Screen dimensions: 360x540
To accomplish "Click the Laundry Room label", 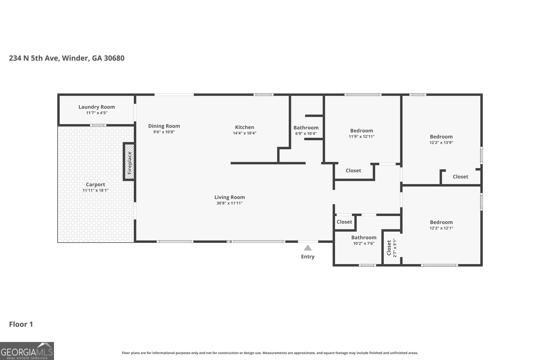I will pyautogui.click(x=97, y=107).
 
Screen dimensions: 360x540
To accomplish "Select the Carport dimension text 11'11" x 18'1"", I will pyautogui.click(x=96, y=190).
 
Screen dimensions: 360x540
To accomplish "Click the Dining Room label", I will pyautogui.click(x=164, y=126).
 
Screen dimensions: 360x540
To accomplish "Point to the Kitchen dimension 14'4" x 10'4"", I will pyautogui.click(x=245, y=133).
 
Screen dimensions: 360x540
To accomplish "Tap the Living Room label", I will pyautogui.click(x=230, y=197).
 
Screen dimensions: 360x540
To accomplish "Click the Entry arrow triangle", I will pyautogui.click(x=308, y=248).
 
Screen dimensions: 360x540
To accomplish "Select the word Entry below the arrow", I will pyautogui.click(x=308, y=257).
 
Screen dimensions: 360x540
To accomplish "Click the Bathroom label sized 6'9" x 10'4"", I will pyautogui.click(x=306, y=128).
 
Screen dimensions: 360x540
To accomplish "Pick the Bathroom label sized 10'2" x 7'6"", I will pyautogui.click(x=363, y=238).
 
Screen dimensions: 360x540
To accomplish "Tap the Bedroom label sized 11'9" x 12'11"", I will pyautogui.click(x=361, y=131).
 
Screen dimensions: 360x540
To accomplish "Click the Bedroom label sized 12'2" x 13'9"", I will pyautogui.click(x=441, y=137).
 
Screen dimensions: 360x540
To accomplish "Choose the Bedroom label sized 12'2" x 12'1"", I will pyautogui.click(x=441, y=222).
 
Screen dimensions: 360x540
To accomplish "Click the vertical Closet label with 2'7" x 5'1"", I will pyautogui.click(x=389, y=248).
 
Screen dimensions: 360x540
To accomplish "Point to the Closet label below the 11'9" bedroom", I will pyautogui.click(x=353, y=171).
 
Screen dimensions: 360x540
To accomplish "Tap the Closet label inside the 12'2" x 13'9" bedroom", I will pyautogui.click(x=460, y=177).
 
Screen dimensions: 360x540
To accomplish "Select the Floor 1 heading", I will pyautogui.click(x=21, y=325).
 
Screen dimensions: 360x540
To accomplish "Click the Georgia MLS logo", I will pyautogui.click(x=27, y=351).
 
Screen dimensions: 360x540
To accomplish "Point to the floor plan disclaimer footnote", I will pyautogui.click(x=270, y=353).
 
